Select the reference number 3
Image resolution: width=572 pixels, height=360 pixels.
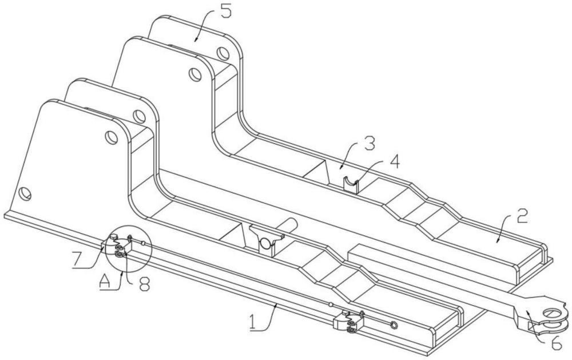369,144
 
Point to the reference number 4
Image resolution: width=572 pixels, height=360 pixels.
393,161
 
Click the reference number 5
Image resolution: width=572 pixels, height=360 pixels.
225,11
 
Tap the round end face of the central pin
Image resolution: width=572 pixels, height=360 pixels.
265,243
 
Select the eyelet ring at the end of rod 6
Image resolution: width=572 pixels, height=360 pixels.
555,313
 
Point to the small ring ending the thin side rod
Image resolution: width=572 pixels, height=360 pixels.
394,325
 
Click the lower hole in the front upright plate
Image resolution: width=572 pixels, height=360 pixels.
25,193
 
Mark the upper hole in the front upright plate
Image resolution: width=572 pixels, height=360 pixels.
112,137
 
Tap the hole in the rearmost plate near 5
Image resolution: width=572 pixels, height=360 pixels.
223,54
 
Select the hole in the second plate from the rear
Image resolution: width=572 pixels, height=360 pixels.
195,74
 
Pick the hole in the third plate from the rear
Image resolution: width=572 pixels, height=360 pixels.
139,116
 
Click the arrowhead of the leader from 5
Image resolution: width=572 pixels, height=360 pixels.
195,40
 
